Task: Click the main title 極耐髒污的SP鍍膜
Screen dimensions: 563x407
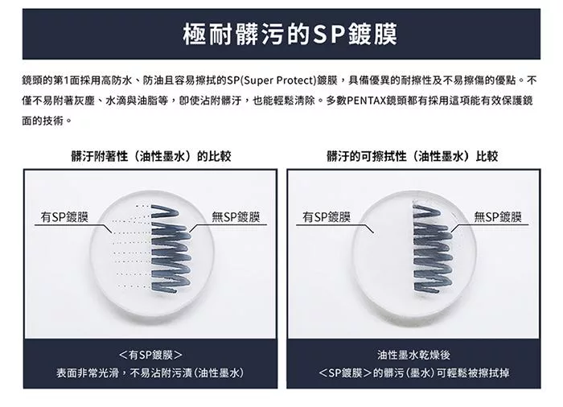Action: (x=290, y=35)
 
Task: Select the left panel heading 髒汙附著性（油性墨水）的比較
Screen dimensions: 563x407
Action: (x=151, y=156)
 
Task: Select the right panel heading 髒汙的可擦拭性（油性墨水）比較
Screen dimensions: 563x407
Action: (x=412, y=156)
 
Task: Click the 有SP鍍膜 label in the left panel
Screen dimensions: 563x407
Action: (x=64, y=217)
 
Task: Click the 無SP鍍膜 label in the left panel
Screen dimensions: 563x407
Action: (x=236, y=217)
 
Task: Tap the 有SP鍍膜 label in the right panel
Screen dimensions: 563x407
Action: (x=326, y=217)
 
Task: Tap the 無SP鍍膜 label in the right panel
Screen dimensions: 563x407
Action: (x=498, y=217)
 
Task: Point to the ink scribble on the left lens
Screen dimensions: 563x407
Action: (x=171, y=249)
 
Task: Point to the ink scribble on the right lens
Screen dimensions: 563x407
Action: (x=431, y=249)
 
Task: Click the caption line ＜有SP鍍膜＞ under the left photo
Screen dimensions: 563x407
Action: (x=150, y=355)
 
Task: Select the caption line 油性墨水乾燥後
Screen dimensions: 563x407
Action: (x=413, y=355)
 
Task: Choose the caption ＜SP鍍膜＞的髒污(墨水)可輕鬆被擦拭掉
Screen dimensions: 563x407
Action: (x=413, y=373)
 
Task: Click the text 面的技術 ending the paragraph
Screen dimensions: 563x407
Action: (x=43, y=121)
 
